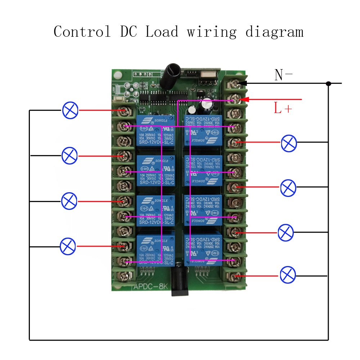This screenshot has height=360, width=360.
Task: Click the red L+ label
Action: tap(283, 108)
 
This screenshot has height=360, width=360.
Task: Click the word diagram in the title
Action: tap(274, 32)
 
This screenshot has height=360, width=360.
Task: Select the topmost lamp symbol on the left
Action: tap(70, 110)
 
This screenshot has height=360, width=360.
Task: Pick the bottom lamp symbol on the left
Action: tap(68, 246)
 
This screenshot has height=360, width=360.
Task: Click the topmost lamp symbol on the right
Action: tap(289, 143)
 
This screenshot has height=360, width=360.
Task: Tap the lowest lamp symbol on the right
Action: tap(288, 275)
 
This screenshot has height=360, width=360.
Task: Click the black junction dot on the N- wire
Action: tap(328, 84)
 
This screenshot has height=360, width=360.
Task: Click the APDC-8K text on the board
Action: tap(149, 287)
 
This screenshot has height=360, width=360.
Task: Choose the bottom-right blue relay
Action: tap(202, 249)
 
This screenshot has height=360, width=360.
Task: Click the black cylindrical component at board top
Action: tap(169, 76)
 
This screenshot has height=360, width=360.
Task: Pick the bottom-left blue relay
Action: tap(156, 249)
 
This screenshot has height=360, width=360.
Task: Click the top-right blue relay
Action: tap(202, 131)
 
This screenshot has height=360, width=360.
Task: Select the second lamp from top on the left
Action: tap(69, 156)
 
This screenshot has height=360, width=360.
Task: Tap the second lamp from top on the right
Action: tap(288, 188)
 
